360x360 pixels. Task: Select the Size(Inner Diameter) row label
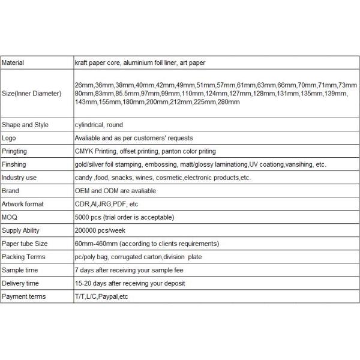[31, 94]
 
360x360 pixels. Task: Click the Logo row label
[10, 138]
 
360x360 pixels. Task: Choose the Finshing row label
[15, 164]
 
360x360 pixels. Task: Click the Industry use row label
[19, 178]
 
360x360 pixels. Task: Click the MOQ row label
[9, 217]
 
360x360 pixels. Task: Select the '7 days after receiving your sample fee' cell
[129, 270]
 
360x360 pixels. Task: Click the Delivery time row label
[20, 283]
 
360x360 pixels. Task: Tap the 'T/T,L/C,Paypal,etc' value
[102, 296]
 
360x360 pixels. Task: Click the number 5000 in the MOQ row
[82, 217]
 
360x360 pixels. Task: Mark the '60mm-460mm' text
[94, 244]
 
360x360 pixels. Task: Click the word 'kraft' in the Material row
[81, 62]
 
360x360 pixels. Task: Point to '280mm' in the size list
[229, 103]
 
